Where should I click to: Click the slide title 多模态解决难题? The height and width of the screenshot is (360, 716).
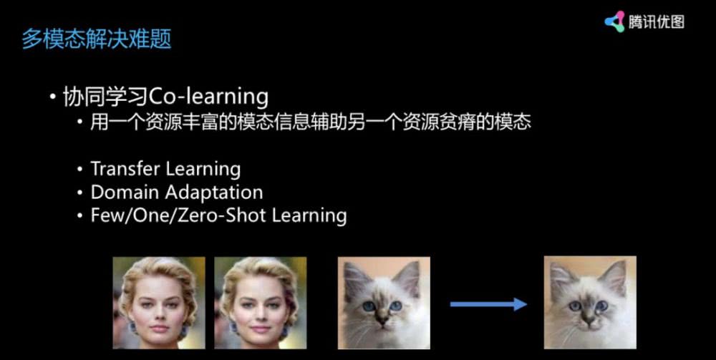pyautogui.click(x=97, y=39)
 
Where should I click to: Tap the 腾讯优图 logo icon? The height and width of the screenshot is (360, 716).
pyautogui.click(x=614, y=21)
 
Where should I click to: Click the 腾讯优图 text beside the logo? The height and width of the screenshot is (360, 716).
pyautogui.click(x=656, y=21)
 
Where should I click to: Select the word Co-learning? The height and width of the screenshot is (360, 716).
pyautogui.click(x=208, y=97)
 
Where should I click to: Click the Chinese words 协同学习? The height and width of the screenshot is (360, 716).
pyautogui.click(x=106, y=97)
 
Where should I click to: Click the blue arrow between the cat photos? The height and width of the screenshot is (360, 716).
pyautogui.click(x=488, y=304)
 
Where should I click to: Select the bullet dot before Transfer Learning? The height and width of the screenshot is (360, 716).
pyautogui.click(x=80, y=170)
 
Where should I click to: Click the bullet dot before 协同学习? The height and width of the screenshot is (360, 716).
pyautogui.click(x=54, y=98)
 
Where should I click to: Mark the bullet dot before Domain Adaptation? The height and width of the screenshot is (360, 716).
pyautogui.click(x=80, y=193)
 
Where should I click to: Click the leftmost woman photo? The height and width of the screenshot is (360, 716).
pyautogui.click(x=159, y=303)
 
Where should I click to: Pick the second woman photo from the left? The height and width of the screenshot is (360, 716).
pyautogui.click(x=261, y=303)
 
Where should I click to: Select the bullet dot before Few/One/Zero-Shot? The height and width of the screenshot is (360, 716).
pyautogui.click(x=80, y=216)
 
